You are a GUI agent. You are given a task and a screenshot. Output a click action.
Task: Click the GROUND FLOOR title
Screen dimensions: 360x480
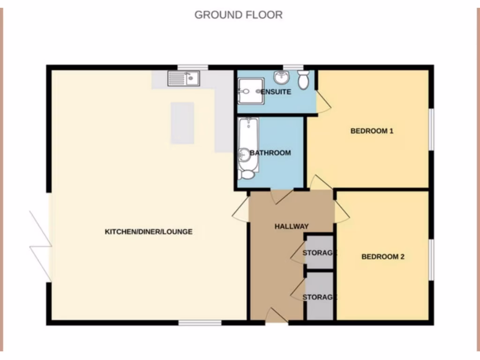coord(239,15)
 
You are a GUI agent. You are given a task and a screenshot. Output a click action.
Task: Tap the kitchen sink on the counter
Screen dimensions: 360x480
coord(184,78)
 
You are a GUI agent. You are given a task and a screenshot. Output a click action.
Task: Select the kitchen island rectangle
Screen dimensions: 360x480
coord(182,123)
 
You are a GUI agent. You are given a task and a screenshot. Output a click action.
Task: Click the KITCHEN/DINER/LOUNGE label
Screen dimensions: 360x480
coord(148,232)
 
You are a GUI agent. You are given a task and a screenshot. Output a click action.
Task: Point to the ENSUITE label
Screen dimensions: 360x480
coord(276,92)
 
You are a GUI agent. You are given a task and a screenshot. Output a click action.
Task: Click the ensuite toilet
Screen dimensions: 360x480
coord(303,80)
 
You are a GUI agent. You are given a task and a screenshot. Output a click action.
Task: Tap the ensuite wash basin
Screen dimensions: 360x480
coord(282,76)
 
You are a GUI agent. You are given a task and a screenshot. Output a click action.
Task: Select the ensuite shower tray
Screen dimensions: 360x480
coord(250,90)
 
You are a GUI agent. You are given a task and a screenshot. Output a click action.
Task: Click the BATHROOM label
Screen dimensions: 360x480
coord(270,153)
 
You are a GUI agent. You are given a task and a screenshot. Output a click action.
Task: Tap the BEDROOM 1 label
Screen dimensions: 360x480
coord(372,131)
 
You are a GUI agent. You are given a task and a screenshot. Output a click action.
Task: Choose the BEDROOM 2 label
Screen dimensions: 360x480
coord(382,256)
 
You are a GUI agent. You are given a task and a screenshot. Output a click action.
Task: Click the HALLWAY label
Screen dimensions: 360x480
coord(292,226)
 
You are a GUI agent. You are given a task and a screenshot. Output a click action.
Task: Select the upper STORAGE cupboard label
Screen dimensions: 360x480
coord(320,253)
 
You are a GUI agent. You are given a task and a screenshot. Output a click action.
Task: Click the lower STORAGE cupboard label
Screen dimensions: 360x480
coord(320,297)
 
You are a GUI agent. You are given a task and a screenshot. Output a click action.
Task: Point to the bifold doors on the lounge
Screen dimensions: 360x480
coord(41,245)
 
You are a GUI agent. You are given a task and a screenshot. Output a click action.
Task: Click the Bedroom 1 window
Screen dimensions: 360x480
coord(432,129)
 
